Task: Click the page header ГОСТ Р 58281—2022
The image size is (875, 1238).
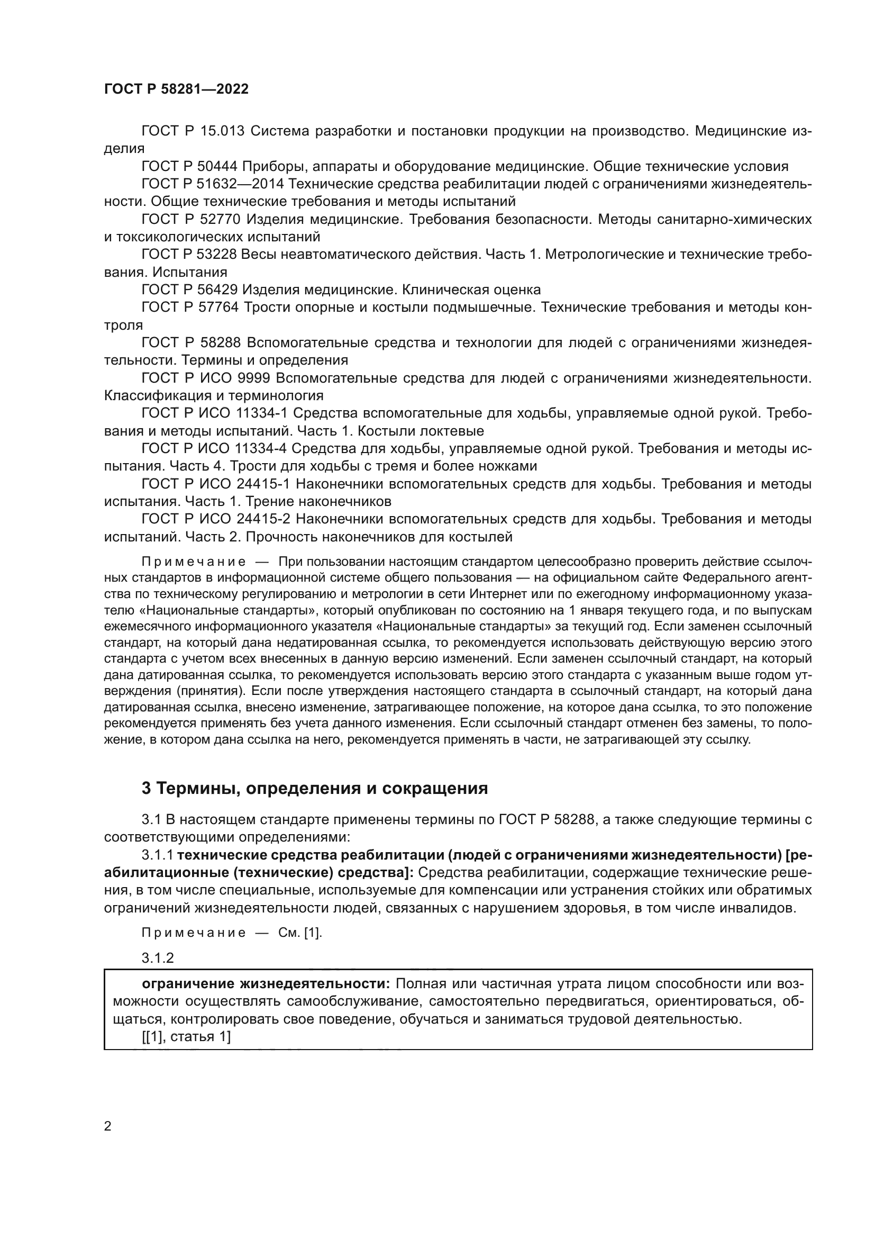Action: (x=176, y=89)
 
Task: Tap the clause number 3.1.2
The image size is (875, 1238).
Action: (x=157, y=958)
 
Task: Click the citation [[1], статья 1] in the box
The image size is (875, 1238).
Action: (x=186, y=1036)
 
